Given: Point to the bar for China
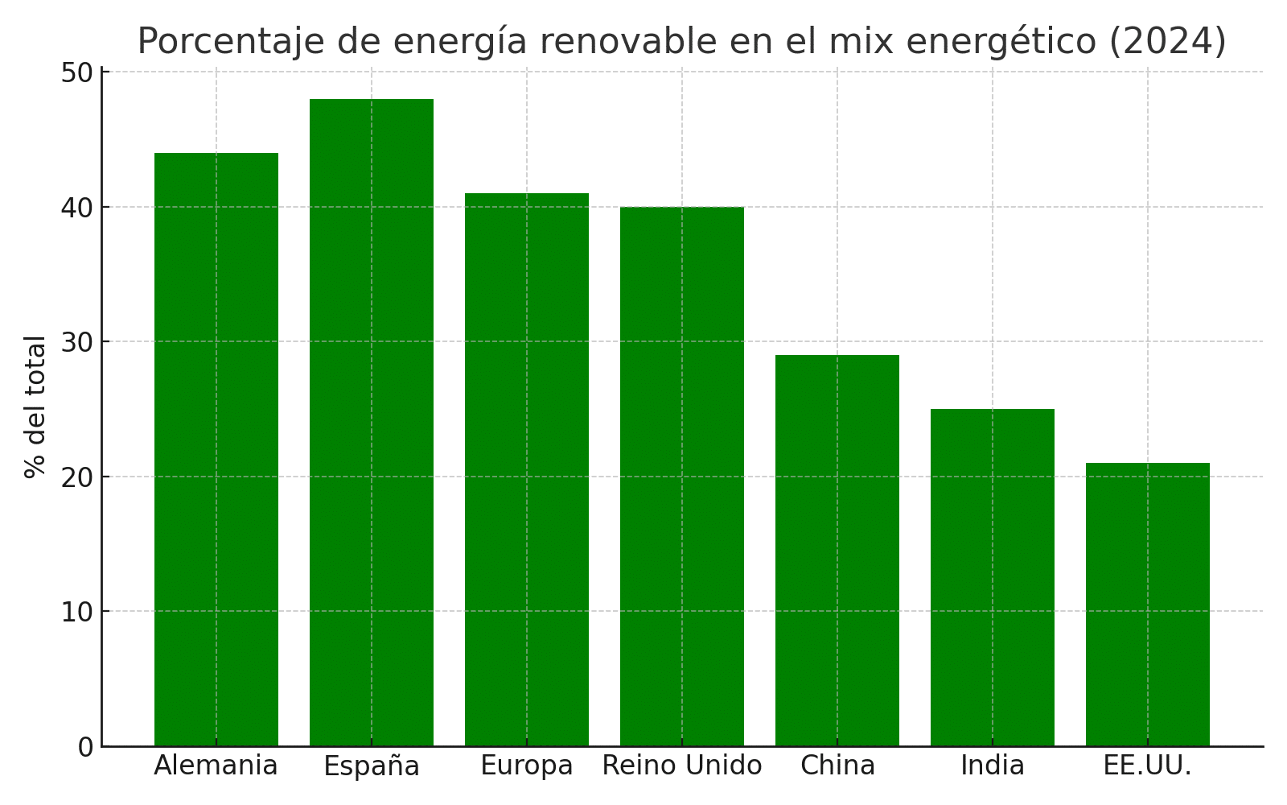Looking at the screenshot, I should point(837,551).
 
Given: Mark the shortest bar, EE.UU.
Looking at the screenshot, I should point(1147,605).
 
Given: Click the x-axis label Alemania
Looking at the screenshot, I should point(216,766).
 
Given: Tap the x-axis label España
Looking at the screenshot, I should point(371,766).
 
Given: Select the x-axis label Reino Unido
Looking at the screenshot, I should point(681,766).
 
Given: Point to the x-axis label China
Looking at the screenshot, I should point(837,766).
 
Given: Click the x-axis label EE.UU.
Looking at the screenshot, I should point(1147,766).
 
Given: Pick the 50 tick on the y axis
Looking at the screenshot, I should point(76,72).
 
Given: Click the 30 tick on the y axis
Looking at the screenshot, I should point(76,342).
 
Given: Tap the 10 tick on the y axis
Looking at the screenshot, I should point(76,612).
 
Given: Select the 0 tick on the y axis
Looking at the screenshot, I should point(85,747).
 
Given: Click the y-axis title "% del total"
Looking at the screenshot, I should point(35,407).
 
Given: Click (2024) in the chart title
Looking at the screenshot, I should point(1167,41).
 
